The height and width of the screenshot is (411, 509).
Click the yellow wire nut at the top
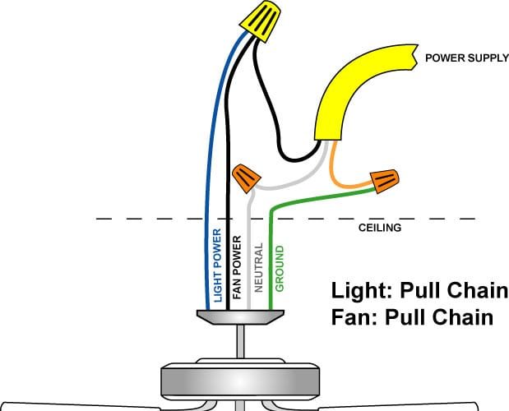click(265, 23)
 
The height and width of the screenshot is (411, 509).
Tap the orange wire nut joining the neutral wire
click(247, 176)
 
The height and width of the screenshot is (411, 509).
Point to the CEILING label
click(379, 228)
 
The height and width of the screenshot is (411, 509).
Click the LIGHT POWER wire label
click(217, 266)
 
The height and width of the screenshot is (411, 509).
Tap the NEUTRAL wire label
click(259, 269)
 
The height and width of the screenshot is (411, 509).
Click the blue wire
click(206, 164)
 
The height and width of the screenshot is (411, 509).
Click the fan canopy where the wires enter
click(239, 316)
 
